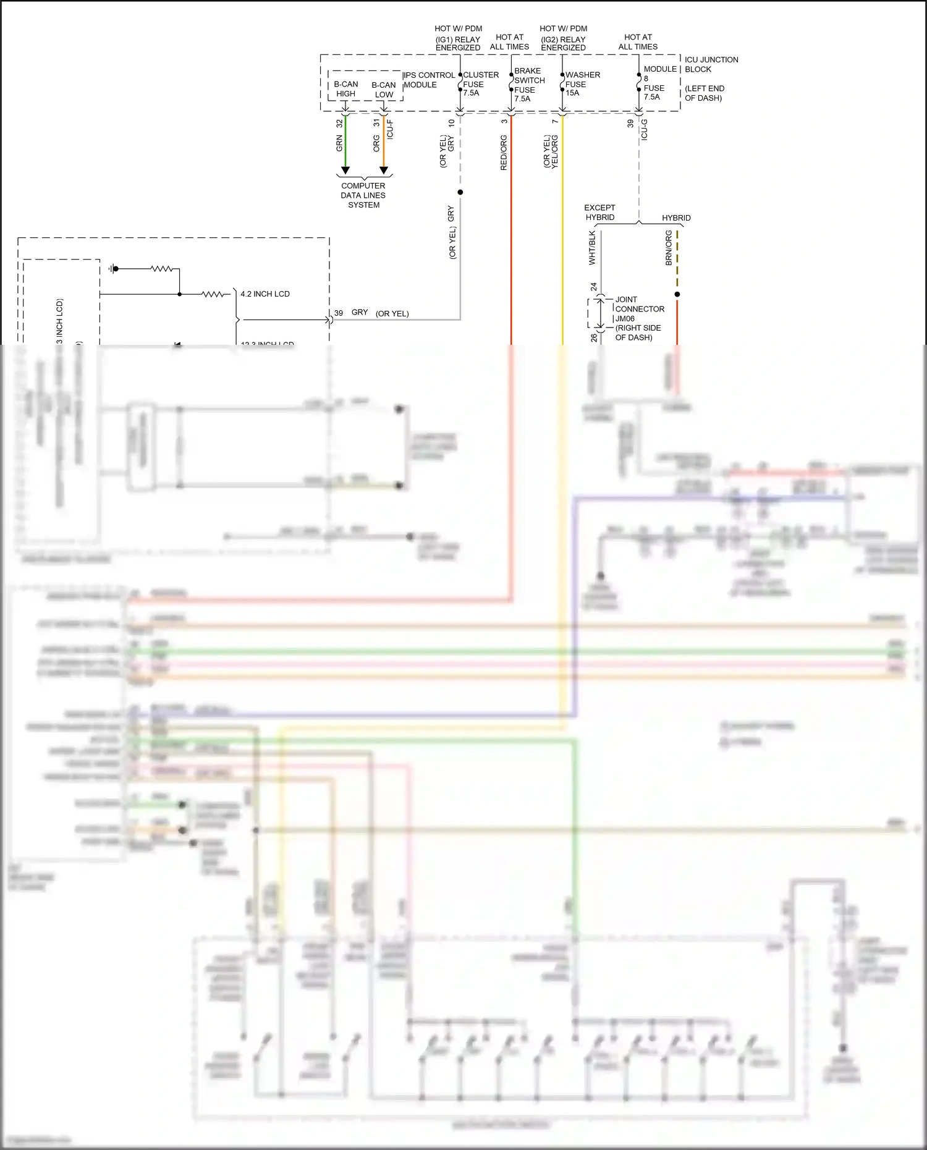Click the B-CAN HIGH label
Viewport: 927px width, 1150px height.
pos(345,89)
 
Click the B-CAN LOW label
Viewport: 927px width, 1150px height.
pos(383,90)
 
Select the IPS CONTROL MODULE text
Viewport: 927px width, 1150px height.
pos(429,80)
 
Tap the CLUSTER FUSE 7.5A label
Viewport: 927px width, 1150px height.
pos(480,83)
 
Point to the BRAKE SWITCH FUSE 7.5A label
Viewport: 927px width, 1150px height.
pos(529,85)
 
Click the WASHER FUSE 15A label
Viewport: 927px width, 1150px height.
pos(582,83)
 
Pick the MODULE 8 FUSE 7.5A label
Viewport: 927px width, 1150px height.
pos(659,83)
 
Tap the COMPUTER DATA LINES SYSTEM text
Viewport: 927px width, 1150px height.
pos(363,195)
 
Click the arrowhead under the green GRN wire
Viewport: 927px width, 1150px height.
pos(345,170)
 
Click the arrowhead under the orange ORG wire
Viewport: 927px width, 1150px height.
pos(383,170)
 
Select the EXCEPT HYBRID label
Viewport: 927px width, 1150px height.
pos(599,212)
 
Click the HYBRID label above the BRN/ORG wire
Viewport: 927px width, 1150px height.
pos(676,218)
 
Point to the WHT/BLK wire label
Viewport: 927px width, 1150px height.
pos(592,248)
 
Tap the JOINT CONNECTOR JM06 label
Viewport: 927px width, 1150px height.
pos(639,318)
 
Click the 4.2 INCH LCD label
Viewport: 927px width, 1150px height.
pos(265,294)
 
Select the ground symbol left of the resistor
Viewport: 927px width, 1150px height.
pos(112,269)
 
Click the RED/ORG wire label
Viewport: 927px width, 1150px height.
pos(503,153)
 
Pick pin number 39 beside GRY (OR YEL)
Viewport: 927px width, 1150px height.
pos(339,313)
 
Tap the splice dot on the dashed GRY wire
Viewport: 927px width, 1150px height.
pos(460,192)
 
